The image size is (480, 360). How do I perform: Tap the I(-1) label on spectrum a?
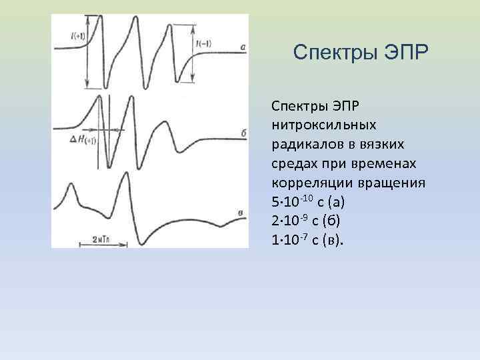click(204, 45)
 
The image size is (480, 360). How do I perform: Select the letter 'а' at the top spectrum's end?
click(243, 47)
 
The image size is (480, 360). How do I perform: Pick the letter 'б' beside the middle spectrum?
click(243, 133)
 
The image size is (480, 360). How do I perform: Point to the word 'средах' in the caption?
click(293, 163)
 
